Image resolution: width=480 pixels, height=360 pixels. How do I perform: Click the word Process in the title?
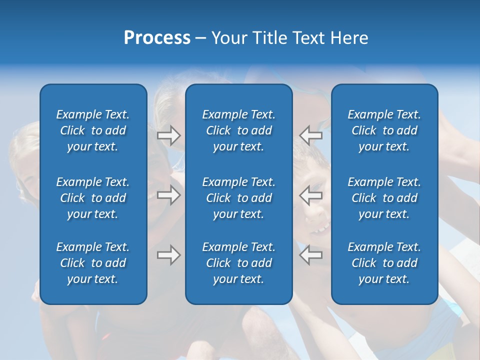click(x=157, y=38)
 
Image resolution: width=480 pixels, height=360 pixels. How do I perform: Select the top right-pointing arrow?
click(x=168, y=135)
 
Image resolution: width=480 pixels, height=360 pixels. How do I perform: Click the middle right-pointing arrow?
click(x=168, y=195)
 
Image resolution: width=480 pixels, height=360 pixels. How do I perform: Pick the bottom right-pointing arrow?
click(x=168, y=255)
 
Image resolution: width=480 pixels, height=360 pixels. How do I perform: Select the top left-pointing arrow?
click(x=310, y=135)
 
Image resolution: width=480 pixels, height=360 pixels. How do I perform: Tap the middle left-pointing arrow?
click(x=310, y=195)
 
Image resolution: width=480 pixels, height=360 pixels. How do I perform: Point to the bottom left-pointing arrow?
click(x=310, y=255)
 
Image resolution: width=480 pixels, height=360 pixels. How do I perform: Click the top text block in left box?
click(x=93, y=130)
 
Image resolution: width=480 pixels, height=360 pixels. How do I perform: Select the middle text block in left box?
click(x=93, y=198)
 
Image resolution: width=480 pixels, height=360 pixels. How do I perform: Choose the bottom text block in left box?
click(x=93, y=263)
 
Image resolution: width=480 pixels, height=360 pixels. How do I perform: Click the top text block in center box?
click(x=239, y=130)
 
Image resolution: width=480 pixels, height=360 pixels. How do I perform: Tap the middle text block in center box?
click(x=239, y=198)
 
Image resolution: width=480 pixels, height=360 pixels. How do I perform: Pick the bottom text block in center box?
click(x=239, y=263)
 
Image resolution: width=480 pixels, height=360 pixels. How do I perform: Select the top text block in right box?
click(x=384, y=130)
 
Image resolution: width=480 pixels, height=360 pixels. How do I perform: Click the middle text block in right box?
click(x=384, y=198)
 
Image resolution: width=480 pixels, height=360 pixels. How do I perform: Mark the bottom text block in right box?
click(x=384, y=263)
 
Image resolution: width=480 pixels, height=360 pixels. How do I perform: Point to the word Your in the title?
click(x=227, y=38)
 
